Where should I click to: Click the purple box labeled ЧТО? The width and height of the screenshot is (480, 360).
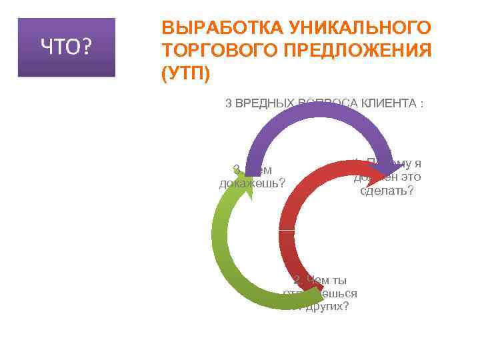click(67, 47)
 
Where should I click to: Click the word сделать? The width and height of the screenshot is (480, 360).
click(387, 191)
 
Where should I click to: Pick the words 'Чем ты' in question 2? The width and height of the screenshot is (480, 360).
click(327, 280)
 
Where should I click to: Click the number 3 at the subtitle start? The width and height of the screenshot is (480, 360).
click(229, 103)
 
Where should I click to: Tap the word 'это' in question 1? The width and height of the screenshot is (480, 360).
click(408, 177)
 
